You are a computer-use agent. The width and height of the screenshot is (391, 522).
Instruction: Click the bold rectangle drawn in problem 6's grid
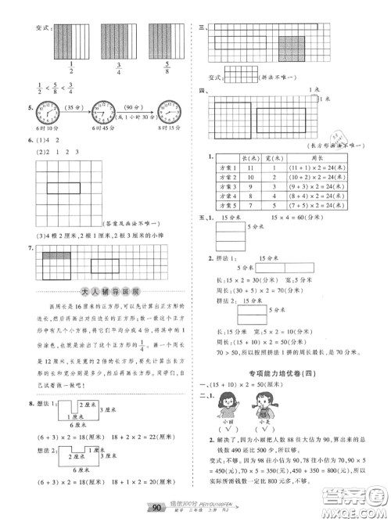[x=67, y=189]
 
